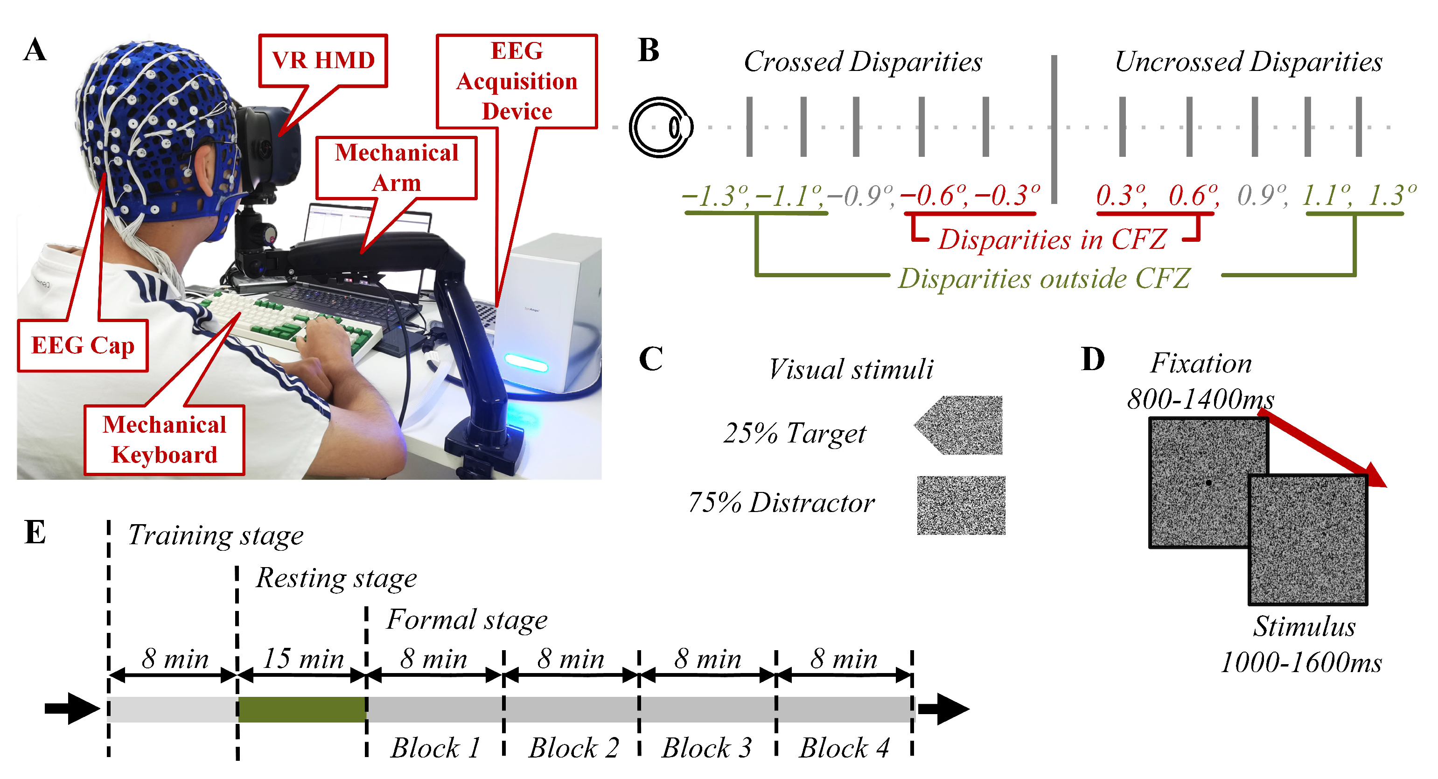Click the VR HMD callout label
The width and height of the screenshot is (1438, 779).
click(x=323, y=60)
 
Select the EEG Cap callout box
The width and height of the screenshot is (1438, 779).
click(x=83, y=345)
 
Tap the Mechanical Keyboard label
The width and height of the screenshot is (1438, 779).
click(x=164, y=440)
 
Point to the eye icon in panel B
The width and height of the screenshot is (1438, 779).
click(x=660, y=127)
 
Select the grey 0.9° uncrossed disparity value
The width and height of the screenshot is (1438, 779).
click(x=1261, y=196)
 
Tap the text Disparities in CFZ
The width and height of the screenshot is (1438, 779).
click(x=1052, y=239)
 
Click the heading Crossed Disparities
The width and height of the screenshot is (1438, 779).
click(x=862, y=62)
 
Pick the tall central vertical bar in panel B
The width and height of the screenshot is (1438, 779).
click(x=1054, y=128)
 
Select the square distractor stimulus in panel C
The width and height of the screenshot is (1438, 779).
click(x=961, y=505)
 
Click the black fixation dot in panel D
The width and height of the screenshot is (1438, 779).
click(x=1208, y=483)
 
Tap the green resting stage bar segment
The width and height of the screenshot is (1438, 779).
click(x=302, y=709)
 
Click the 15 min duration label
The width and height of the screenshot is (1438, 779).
click(x=303, y=659)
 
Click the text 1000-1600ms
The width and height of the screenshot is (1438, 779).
click(x=1301, y=663)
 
